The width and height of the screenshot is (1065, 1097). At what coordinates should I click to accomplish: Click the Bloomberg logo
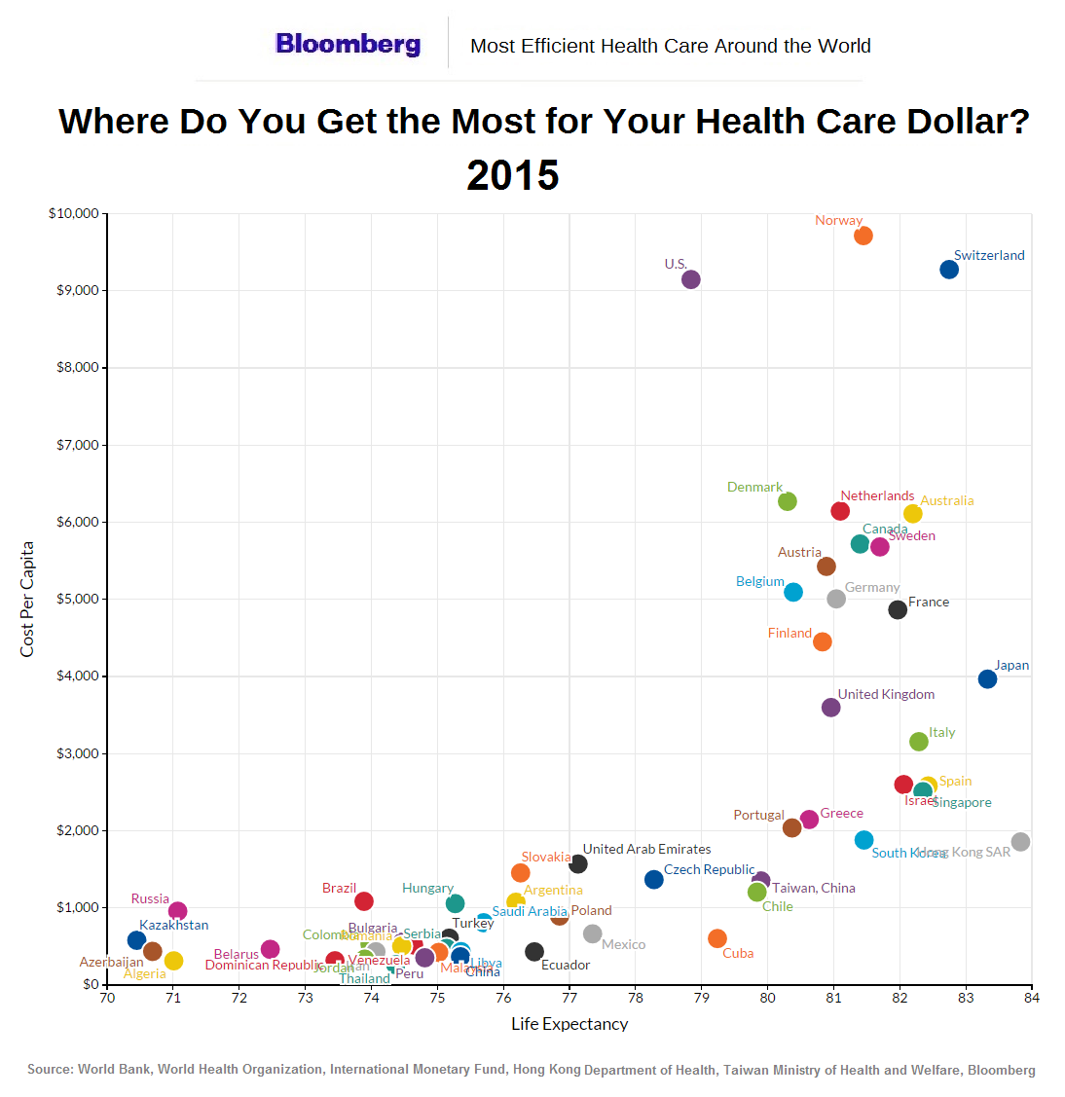(348, 44)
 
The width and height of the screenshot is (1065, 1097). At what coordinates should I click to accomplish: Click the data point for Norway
(863, 236)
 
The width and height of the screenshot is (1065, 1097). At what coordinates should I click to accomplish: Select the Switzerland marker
(949, 270)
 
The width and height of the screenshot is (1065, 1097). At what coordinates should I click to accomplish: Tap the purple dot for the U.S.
(691, 279)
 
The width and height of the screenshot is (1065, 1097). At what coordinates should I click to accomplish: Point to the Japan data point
(987, 679)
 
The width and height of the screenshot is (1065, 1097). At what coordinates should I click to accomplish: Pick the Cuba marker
(717, 938)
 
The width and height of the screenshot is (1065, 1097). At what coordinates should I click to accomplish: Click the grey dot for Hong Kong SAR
(1020, 842)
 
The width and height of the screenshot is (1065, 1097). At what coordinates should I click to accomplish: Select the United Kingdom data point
(830, 708)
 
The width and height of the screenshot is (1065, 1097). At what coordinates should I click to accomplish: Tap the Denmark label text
(754, 487)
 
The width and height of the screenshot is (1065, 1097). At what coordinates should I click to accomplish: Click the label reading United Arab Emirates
(646, 849)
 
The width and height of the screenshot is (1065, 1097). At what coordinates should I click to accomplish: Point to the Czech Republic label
(709, 869)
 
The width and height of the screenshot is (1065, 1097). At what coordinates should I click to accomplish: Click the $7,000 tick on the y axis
(74, 445)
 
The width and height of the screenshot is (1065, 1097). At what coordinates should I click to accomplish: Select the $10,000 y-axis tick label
(73, 213)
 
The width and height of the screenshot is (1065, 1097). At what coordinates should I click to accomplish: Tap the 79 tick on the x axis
(702, 998)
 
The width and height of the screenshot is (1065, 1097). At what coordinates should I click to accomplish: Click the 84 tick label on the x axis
(1032, 998)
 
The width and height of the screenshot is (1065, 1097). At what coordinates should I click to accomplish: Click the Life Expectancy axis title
(569, 1024)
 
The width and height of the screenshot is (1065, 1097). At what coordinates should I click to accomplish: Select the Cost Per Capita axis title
(27, 599)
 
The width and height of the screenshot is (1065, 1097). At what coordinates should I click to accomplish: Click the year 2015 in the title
(513, 176)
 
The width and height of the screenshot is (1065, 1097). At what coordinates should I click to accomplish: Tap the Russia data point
(177, 911)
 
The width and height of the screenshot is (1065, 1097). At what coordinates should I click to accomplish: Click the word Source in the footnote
(50, 1070)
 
